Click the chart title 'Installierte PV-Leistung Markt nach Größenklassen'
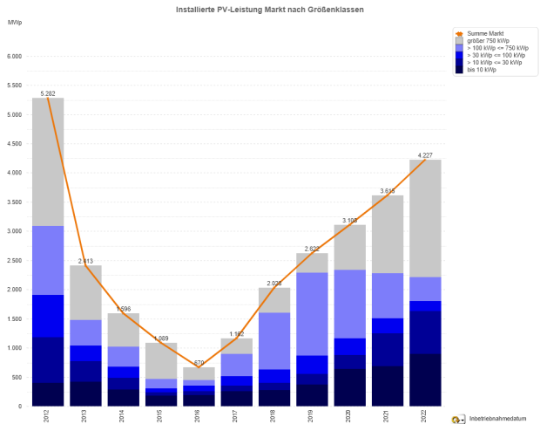(x=269, y=8)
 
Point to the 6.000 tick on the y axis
(x=14, y=57)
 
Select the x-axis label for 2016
(x=199, y=416)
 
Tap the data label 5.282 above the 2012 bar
(x=48, y=92)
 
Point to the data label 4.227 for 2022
(x=426, y=154)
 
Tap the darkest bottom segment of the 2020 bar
(x=350, y=387)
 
